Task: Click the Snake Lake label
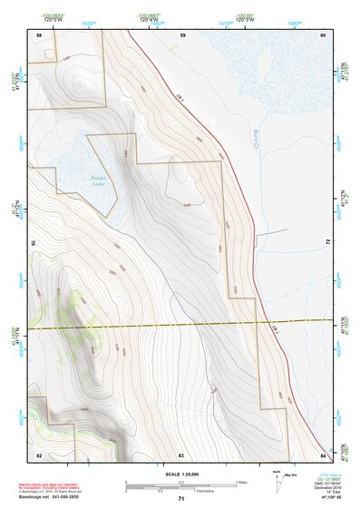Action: pyautogui.click(x=98, y=181)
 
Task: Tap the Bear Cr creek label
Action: pyautogui.click(x=257, y=139)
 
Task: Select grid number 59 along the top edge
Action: pyautogui.click(x=182, y=34)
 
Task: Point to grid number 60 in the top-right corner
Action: pyautogui.click(x=322, y=34)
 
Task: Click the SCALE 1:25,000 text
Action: pyautogui.click(x=180, y=475)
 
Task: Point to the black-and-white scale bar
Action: pyautogui.click(x=180, y=485)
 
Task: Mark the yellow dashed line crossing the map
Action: pyautogui.click(x=180, y=324)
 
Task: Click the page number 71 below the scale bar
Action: pyautogui.click(x=181, y=500)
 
